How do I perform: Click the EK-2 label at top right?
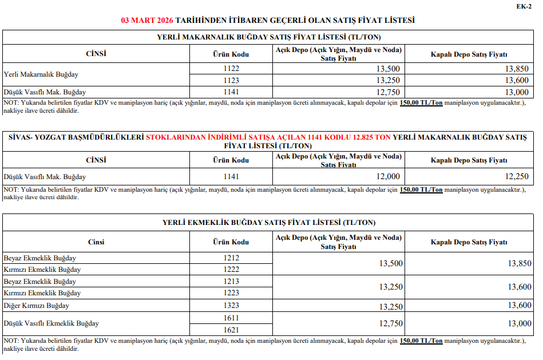point(524,6)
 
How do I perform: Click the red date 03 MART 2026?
point(147,20)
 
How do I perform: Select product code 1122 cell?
point(232,68)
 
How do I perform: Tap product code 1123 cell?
point(232,80)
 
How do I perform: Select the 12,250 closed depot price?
point(517,176)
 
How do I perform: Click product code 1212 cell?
point(232,258)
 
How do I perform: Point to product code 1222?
point(232,270)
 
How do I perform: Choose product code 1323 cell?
point(232,306)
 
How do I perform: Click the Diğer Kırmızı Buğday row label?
point(37,306)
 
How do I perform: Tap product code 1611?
point(232,318)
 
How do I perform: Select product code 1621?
point(232,330)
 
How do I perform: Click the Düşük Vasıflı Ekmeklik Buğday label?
point(51,323)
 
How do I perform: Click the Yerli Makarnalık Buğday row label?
point(41,74)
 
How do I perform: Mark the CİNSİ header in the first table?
point(96,54)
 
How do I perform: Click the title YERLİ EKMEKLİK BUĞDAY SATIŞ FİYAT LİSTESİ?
point(269,222)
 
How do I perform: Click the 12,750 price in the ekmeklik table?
point(391,323)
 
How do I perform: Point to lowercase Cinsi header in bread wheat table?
point(96,242)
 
